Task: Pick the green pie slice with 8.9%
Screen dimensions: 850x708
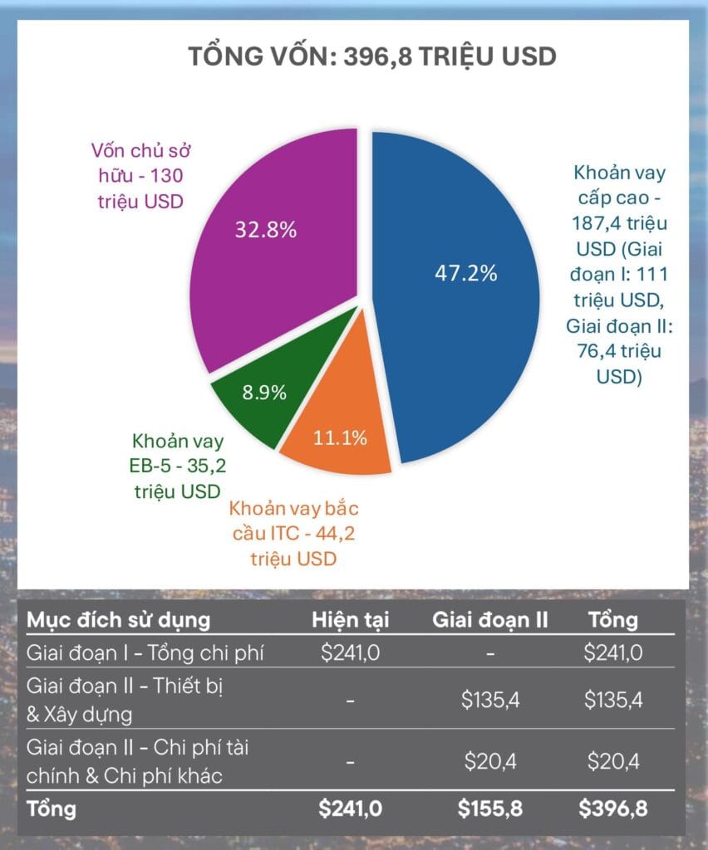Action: click(x=253, y=403)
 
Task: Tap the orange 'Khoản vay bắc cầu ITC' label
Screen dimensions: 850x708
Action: click(x=294, y=533)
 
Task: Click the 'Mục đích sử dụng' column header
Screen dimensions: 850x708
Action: click(x=118, y=620)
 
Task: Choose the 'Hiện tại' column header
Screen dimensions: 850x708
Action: click(x=350, y=620)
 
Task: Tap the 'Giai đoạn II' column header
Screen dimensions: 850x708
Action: click(x=489, y=620)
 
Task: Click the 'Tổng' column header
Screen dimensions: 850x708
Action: click(x=612, y=620)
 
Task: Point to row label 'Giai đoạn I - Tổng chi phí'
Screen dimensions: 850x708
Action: click(x=145, y=652)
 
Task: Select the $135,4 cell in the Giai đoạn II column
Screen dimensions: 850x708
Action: click(x=490, y=700)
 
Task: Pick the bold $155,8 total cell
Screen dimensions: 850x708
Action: click(x=490, y=808)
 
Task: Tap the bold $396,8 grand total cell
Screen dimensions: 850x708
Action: click(x=612, y=808)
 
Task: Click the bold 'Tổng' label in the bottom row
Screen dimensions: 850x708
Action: click(x=52, y=808)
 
